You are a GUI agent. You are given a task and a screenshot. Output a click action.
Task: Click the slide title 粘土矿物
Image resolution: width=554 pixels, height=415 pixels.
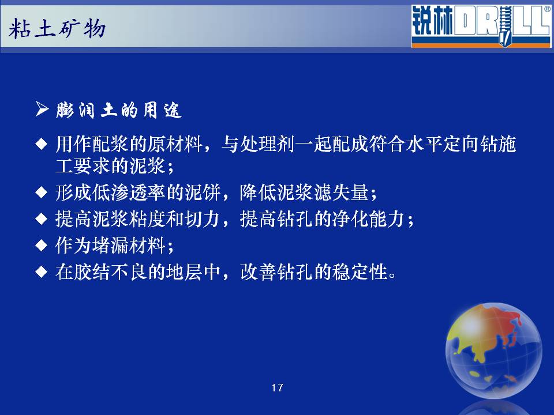pos(57,29)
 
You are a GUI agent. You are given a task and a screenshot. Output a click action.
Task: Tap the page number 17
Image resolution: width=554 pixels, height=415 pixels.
pos(278,388)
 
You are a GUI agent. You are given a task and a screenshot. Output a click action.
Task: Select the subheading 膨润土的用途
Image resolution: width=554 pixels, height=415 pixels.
pos(119,111)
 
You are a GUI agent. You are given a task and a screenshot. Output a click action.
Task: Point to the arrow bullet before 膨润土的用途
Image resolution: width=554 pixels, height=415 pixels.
pos(42,109)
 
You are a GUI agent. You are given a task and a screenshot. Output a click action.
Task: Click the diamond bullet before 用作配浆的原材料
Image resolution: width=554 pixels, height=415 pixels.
pos(42,144)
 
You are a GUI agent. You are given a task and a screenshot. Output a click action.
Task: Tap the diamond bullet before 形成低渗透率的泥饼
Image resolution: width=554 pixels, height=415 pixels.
pos(42,193)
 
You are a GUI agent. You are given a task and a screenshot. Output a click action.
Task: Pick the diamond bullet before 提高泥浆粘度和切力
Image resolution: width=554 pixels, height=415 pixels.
pos(42,219)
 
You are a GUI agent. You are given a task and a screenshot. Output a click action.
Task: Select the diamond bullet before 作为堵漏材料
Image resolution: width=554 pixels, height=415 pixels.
pos(42,246)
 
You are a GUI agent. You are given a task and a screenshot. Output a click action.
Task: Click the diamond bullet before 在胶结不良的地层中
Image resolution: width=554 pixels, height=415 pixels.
pos(42,271)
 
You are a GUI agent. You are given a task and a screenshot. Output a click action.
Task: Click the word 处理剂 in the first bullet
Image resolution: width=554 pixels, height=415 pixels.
pos(267,144)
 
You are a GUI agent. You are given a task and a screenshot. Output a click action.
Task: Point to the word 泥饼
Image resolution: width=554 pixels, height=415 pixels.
pos(203,193)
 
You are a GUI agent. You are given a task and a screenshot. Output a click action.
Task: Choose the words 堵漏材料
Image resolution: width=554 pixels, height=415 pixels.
pos(129,246)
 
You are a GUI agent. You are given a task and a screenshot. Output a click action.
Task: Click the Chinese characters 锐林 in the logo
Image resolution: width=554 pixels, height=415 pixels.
pos(432,21)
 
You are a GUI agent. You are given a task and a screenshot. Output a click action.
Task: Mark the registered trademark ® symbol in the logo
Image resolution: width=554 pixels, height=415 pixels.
pos(547,10)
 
